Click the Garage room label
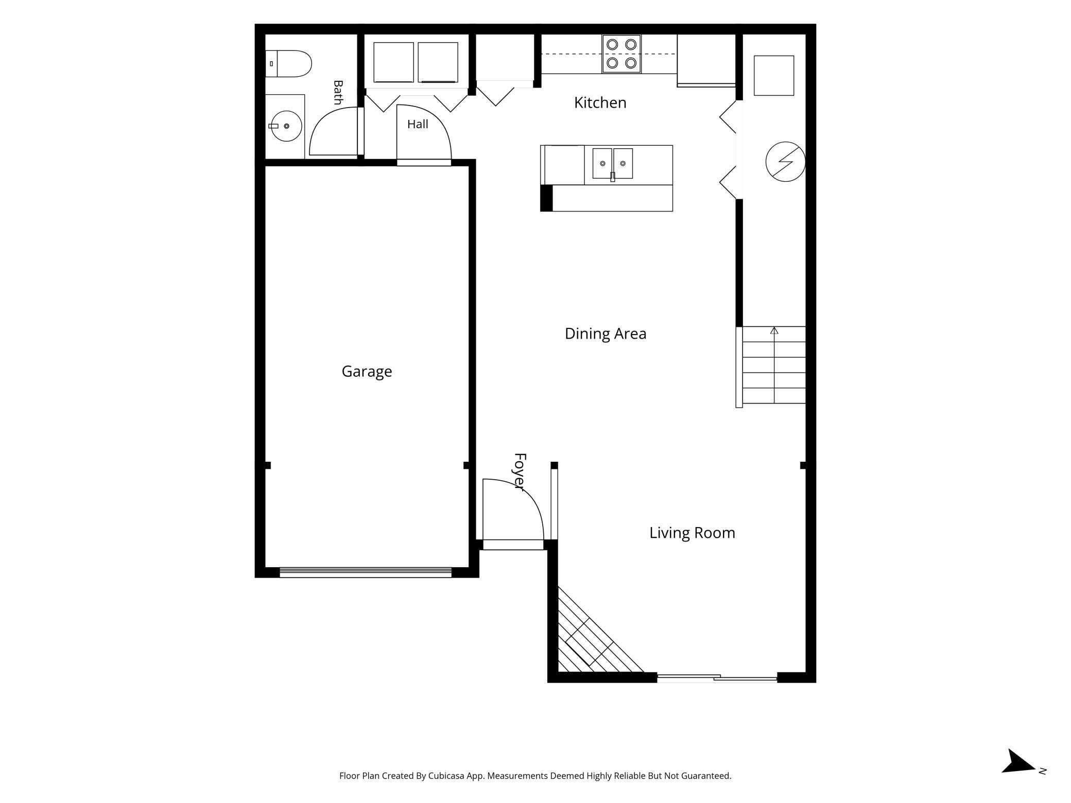pos(367,372)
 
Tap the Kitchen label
pos(600,102)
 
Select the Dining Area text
pos(606,334)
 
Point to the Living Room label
pos(692,533)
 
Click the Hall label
pos(418,124)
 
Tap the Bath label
pos(338,92)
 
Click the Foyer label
pos(520,472)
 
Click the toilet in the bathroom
pos(288,64)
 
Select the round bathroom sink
pos(286,126)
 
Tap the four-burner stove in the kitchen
pos(621,54)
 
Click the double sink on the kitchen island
pos(612,164)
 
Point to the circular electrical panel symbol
pos(785,162)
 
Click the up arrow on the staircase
pos(774,330)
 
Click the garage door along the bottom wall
pos(366,572)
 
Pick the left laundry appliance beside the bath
pos(393,62)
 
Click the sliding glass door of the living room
pos(717,678)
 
